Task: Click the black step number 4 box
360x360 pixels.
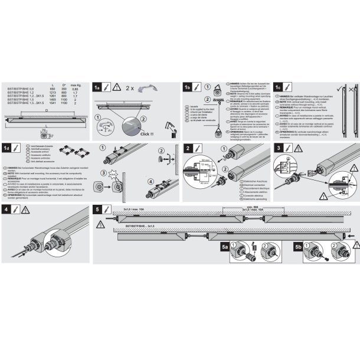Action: [x=6, y=209]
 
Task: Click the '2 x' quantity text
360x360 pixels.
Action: [x=130, y=87]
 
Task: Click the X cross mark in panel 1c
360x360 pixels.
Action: [x=352, y=88]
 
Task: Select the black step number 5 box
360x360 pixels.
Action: [x=97, y=209]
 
